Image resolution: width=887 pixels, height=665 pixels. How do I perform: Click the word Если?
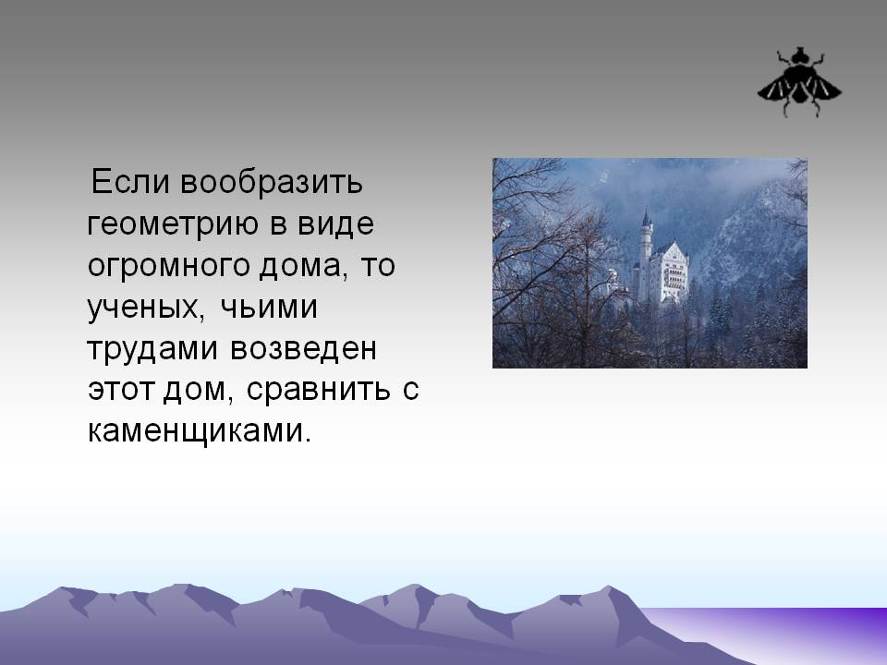pos(130,182)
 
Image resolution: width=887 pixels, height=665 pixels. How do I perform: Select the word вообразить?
pos(272,183)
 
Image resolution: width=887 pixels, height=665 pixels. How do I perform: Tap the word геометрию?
pos(173,224)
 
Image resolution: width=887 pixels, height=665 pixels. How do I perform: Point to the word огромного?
pos(168,266)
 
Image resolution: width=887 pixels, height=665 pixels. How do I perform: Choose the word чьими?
pos(269,307)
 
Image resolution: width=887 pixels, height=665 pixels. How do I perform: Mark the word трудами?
pos(152,349)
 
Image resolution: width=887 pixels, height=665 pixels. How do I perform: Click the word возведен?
pos(303,348)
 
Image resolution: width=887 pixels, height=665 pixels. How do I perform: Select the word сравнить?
pos(319,390)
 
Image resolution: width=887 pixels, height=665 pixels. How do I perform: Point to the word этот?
pos(121,390)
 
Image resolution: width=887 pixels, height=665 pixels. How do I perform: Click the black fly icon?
pos(799,82)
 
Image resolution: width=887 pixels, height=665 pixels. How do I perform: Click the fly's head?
pos(799,55)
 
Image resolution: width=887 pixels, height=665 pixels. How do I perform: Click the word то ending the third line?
pos(377,266)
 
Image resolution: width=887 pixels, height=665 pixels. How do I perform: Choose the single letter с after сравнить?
pos(411,391)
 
